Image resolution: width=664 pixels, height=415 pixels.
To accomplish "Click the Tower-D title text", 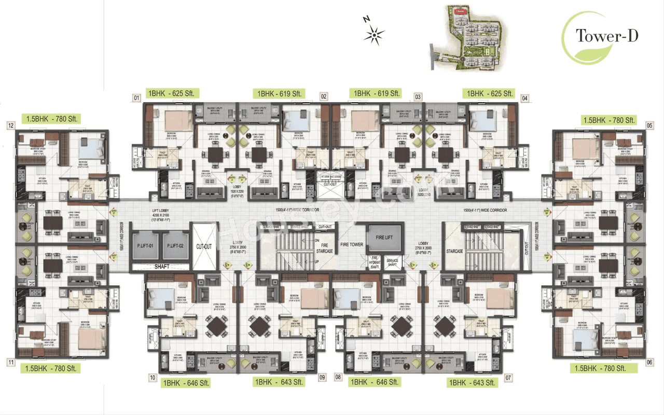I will click(x=606, y=36).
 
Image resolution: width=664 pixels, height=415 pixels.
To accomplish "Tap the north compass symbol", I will click(x=374, y=34).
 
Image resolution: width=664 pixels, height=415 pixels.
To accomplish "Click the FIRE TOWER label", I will click(x=352, y=244).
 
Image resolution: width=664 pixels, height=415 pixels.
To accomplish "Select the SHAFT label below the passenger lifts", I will click(x=159, y=267).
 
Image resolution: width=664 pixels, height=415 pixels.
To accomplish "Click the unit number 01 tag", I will click(x=137, y=98).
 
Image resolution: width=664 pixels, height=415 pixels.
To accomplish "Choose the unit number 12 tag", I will click(x=10, y=125).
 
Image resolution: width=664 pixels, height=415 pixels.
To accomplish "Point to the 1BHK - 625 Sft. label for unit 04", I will click(x=490, y=93).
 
